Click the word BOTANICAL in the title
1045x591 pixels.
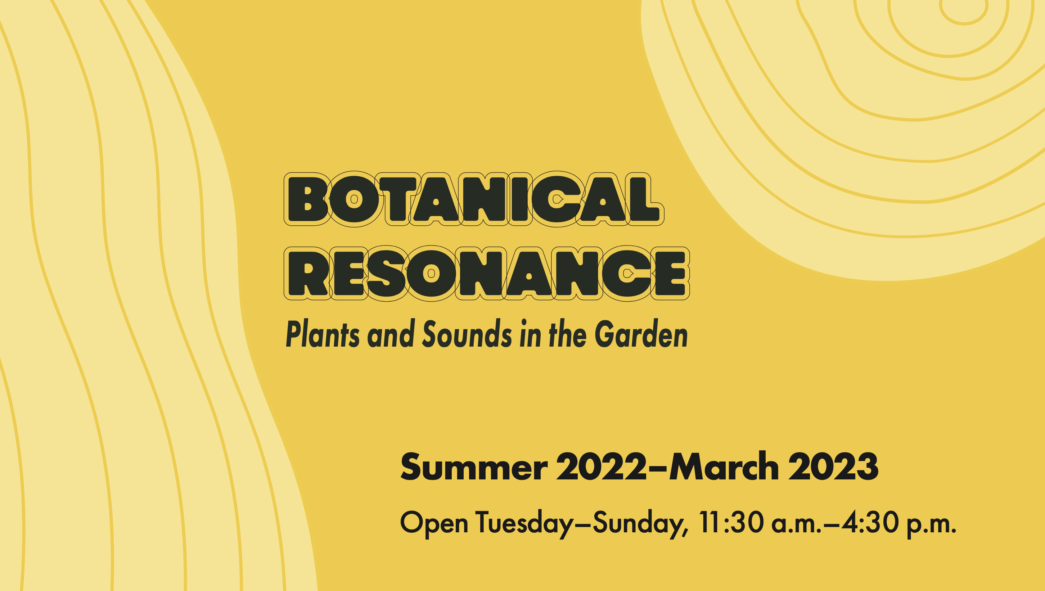(474, 199)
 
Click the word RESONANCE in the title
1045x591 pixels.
(487, 273)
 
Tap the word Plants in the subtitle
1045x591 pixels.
(323, 334)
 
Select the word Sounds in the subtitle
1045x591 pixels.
(467, 334)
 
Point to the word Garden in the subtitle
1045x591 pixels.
(641, 334)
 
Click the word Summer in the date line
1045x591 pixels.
(474, 467)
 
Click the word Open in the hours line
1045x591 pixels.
(434, 524)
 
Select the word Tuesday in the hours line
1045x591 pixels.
(525, 524)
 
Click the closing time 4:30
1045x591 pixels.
(870, 522)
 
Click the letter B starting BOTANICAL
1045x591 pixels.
(307, 199)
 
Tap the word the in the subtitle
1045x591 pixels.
(567, 334)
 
